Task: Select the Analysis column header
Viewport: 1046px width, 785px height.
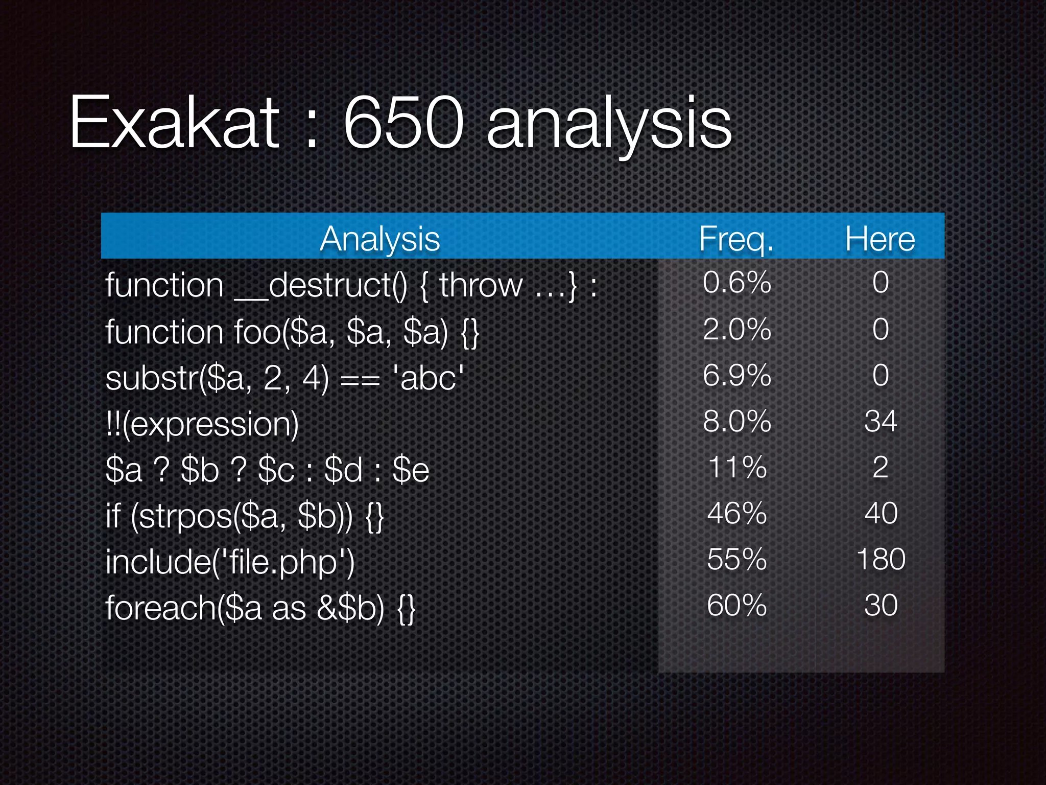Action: [379, 239]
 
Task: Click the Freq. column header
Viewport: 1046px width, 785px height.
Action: [736, 239]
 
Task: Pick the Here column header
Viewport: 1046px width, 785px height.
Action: [880, 239]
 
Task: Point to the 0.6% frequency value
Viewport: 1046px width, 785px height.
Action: [736, 282]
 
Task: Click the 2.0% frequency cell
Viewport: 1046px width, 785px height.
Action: [736, 329]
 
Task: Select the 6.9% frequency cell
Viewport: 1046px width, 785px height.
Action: [736, 375]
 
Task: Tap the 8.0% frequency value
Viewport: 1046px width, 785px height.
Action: [736, 421]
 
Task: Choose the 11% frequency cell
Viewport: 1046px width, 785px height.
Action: [737, 467]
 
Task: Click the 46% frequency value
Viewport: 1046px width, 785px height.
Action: [737, 513]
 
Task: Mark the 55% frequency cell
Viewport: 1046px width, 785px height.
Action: [737, 559]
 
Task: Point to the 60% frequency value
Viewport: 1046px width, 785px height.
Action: [737, 605]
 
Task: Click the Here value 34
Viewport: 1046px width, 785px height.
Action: [881, 421]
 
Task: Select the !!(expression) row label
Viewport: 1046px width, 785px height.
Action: [202, 424]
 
